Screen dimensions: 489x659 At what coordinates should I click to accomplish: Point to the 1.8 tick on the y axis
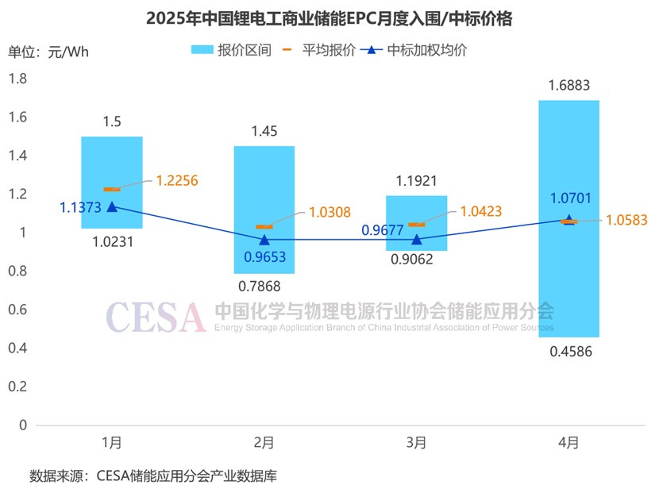coord(17,79)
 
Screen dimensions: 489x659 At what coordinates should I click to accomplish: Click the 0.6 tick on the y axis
coord(17,310)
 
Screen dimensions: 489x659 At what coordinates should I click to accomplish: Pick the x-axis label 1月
coord(112,442)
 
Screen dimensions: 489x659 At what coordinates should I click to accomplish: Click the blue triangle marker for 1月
coord(112,206)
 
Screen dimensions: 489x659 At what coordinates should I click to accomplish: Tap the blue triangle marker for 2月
coord(264,239)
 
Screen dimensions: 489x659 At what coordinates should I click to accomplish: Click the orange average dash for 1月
coord(112,189)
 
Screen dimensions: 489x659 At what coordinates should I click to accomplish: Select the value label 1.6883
coord(568,85)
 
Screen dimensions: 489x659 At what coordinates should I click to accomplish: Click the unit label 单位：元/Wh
coord(48,52)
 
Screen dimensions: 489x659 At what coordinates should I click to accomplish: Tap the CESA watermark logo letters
coord(156,317)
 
